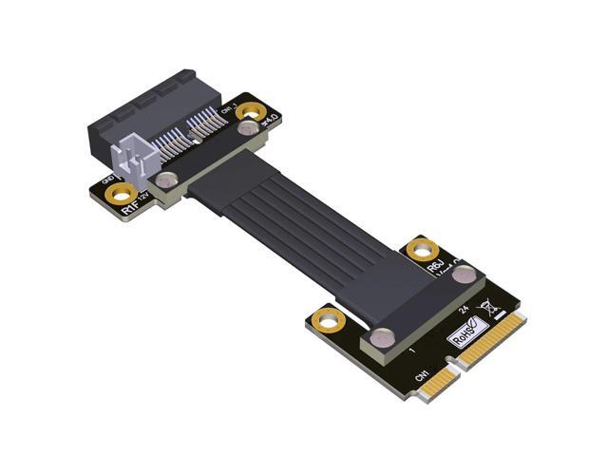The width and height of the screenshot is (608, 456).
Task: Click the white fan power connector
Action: click(x=131, y=161)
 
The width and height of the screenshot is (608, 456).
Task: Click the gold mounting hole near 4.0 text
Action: click(x=251, y=112)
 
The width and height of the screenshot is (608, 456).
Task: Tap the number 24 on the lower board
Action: click(x=463, y=309)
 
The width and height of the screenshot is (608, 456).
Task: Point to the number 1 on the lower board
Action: click(x=410, y=352)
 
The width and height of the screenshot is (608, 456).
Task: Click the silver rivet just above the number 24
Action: click(x=465, y=275)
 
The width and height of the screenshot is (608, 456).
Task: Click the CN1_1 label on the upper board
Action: click(x=226, y=111)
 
